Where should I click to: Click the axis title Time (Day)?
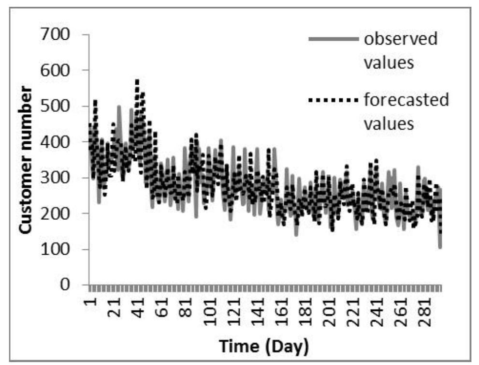264,347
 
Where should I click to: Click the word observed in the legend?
401,39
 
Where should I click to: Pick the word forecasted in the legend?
406,101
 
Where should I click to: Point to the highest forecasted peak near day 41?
137,81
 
